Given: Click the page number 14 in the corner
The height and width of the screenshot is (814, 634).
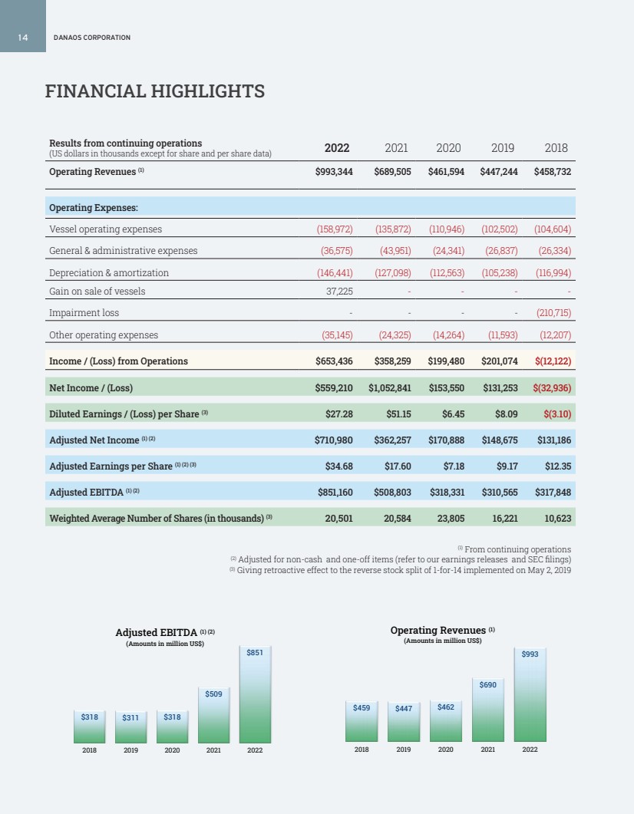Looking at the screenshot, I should pos(23,38).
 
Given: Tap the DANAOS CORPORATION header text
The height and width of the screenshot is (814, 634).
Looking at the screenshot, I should pos(91,38).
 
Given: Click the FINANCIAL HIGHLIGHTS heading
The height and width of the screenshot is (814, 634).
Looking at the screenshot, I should pos(155,92).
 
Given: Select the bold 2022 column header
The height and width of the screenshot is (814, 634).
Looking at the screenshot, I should pos(337,148).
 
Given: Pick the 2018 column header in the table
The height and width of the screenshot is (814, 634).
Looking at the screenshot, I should pos(556,148).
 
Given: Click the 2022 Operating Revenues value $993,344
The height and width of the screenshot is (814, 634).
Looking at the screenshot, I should pos(334,172).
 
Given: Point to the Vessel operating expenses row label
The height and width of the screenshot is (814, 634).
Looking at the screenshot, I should pos(105,229).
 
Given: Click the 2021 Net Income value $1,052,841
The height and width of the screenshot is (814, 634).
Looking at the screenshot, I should pos(390,388).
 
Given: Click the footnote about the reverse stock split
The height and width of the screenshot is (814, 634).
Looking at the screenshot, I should pos(400,570).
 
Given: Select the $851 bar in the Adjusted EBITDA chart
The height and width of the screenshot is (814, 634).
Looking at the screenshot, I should pos(256,694).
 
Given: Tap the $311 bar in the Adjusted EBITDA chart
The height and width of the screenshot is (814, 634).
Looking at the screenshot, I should pos(130,726).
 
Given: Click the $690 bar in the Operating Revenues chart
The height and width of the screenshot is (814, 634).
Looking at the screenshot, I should pos(487,710).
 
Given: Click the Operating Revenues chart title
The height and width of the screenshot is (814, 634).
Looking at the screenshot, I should pos(442,631).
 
